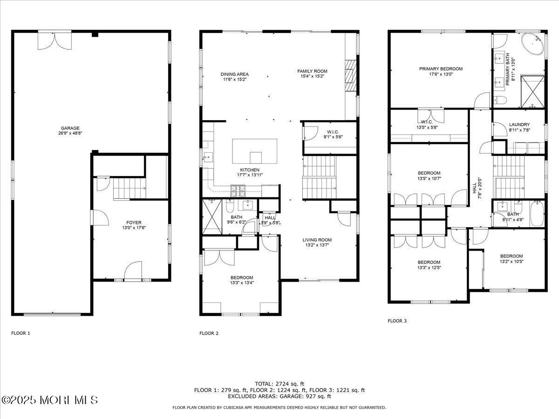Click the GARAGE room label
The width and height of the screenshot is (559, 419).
(70, 128)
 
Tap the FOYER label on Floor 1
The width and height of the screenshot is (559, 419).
(134, 223)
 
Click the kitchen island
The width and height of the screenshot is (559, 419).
(255, 150)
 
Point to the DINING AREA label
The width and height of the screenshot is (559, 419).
(234, 74)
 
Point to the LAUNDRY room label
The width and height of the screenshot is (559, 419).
(519, 125)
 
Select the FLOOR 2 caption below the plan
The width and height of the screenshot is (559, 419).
(209, 333)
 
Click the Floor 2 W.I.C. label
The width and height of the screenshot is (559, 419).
(333, 132)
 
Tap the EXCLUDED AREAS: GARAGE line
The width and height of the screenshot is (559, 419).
(279, 397)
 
